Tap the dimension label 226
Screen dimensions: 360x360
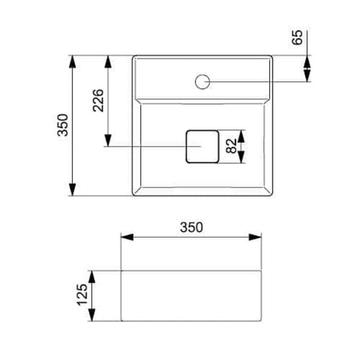point(98,100)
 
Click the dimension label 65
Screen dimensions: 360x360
point(297,37)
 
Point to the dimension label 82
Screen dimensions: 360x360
point(231,146)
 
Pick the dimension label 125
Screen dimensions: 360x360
point(82,295)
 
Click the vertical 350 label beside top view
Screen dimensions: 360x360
point(63,125)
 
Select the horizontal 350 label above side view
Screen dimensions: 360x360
point(192,227)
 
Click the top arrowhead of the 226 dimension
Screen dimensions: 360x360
point(108,62)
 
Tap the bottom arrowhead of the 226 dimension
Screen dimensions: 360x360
point(108,140)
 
